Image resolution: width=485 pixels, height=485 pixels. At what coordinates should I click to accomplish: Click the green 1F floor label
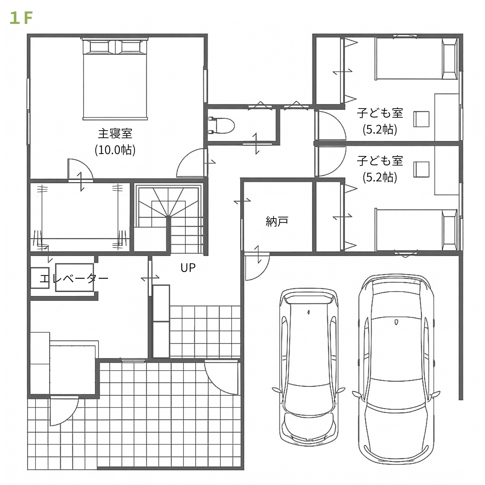click(x=22, y=18)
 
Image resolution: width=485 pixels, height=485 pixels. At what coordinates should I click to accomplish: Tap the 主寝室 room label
click(x=115, y=134)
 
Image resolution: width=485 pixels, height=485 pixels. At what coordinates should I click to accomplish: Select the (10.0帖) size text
click(x=115, y=150)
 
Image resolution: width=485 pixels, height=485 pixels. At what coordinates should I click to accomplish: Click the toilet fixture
click(x=221, y=125)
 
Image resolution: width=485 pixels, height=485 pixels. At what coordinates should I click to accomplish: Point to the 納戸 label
click(x=277, y=221)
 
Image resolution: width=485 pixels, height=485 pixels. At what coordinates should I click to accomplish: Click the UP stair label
click(x=188, y=268)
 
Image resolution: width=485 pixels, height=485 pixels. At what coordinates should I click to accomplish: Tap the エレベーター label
click(x=74, y=278)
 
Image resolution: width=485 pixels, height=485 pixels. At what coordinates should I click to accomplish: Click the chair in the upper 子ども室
click(x=421, y=119)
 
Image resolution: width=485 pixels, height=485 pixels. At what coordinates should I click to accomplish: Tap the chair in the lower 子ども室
click(x=421, y=169)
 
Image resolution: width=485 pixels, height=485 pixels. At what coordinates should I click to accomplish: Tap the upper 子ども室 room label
click(x=380, y=113)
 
